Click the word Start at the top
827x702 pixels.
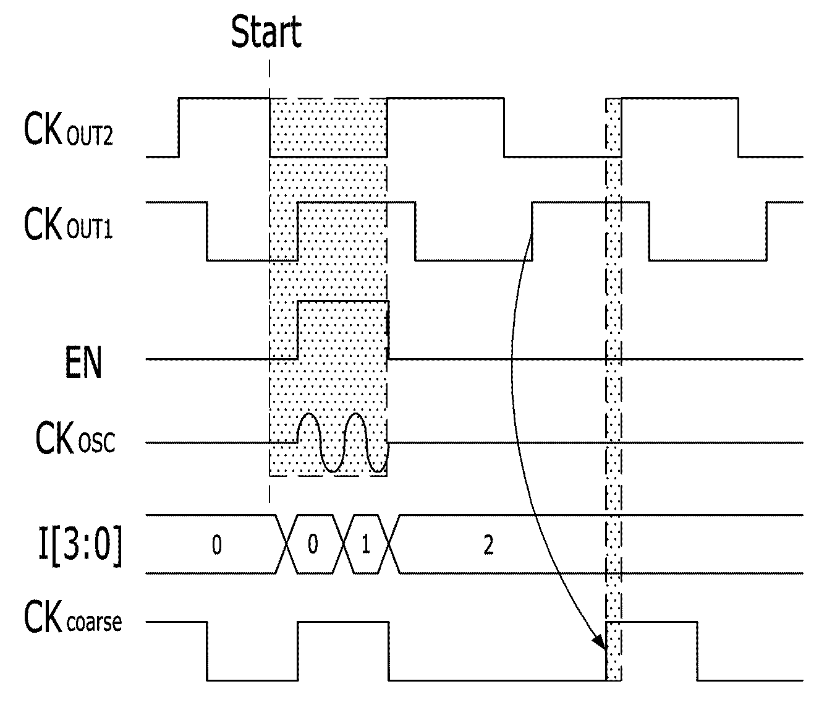pos(266,32)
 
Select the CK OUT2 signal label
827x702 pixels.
pos(69,129)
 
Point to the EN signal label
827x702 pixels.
pos(83,362)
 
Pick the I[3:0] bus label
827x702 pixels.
pos(80,545)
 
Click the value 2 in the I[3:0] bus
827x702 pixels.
pos(488,545)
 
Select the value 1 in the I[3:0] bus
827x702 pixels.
pos(366,545)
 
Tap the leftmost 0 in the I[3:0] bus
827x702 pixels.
pos(217,545)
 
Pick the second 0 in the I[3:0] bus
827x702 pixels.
pos(313,544)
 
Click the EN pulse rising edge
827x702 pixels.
pos(298,330)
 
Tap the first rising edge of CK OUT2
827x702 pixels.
pos(179,127)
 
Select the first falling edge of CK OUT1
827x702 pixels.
pos(207,231)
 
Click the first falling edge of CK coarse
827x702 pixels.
pos(207,651)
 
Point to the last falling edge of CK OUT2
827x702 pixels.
pos(738,127)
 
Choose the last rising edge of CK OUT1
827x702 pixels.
pos(766,231)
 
